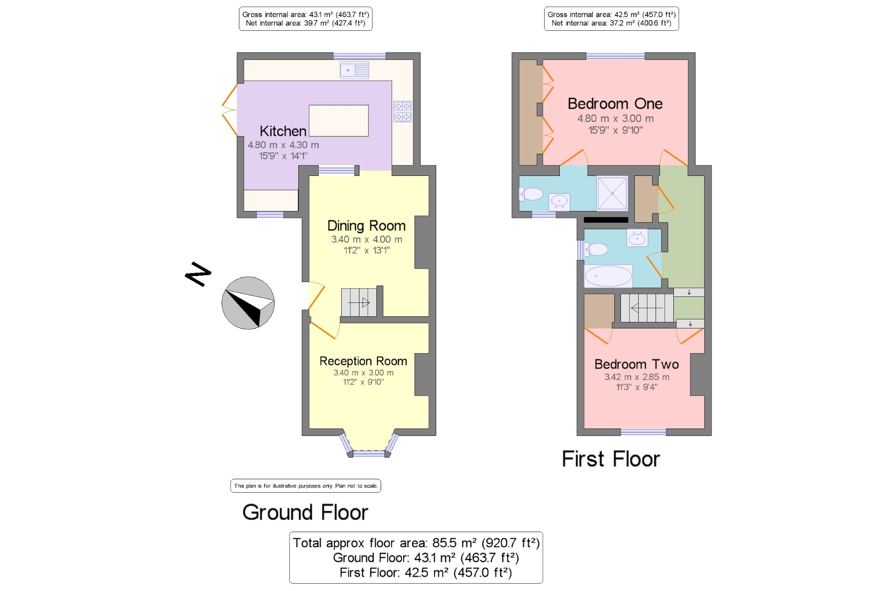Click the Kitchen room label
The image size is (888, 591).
(283, 131)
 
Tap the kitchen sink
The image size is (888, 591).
(354, 70)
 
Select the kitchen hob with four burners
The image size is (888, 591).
(402, 111)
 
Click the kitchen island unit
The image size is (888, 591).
(339, 120)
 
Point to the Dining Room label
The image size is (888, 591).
(366, 226)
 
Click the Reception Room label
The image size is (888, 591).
(363, 361)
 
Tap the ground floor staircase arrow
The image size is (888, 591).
(359, 302)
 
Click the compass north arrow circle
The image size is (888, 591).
(248, 303)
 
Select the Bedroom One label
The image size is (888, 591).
(615, 104)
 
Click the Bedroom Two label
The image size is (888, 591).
(637, 364)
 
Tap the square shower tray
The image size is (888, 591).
(612, 193)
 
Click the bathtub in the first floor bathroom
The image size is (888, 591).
(608, 276)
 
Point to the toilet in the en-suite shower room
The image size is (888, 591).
(531, 194)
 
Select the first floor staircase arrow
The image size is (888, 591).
(647, 308)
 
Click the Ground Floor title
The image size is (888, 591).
(305, 512)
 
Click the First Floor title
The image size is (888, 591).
(611, 459)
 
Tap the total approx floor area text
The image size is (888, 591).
(416, 543)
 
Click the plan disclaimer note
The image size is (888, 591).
(306, 486)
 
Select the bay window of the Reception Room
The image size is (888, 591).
(369, 445)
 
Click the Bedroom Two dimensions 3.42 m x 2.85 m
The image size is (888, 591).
(637, 377)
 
